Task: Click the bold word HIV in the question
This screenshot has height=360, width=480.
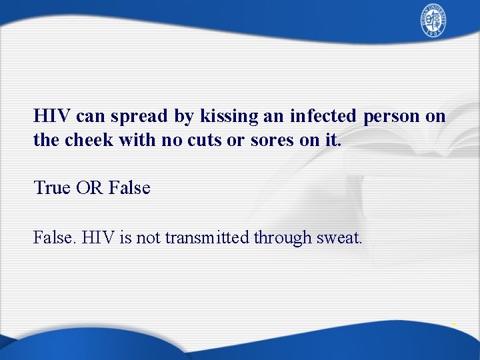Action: [53, 117]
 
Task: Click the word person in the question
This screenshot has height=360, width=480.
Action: [392, 117]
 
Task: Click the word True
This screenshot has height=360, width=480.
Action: [52, 188]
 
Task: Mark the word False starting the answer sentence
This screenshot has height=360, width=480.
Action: [55, 237]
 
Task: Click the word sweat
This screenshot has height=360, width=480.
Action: [337, 237]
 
